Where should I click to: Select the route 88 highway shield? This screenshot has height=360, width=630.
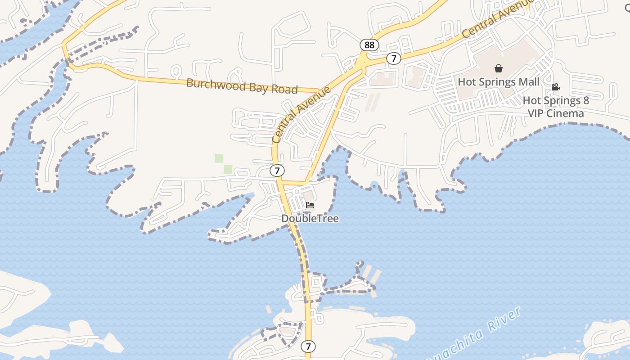[369, 45]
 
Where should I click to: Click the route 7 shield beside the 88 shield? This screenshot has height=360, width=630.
[394, 58]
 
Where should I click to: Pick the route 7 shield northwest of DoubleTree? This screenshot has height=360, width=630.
[277, 171]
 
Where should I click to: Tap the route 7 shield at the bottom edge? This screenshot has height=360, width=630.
[308, 346]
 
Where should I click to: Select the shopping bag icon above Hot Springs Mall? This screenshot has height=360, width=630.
[499, 68]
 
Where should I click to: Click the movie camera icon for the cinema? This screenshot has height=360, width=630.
[556, 87]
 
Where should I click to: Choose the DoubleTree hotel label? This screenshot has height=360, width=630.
[310, 219]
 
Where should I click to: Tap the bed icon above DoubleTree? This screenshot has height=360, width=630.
[310, 205]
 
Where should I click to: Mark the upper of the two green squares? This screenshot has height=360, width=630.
[219, 158]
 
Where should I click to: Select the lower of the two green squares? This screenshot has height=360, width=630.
[228, 169]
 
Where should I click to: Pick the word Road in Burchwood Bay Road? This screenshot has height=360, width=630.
[284, 89]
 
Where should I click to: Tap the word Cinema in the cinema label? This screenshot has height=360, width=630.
[568, 113]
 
